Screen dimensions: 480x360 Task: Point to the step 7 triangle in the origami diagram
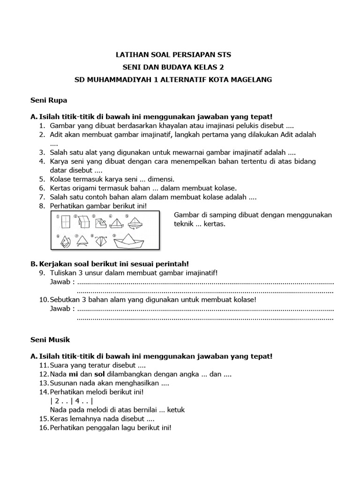84,240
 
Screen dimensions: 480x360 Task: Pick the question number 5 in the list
42,179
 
